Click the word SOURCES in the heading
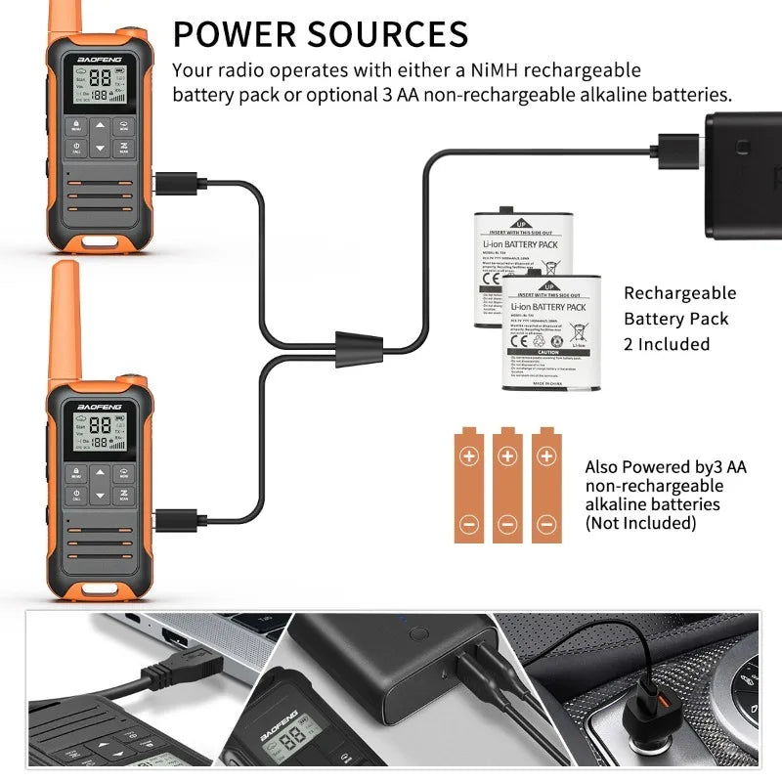pos(391,34)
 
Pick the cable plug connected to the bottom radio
pos(174,514)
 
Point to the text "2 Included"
pos(667,344)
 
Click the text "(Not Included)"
pos(640,523)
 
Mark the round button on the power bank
pos(418,633)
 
